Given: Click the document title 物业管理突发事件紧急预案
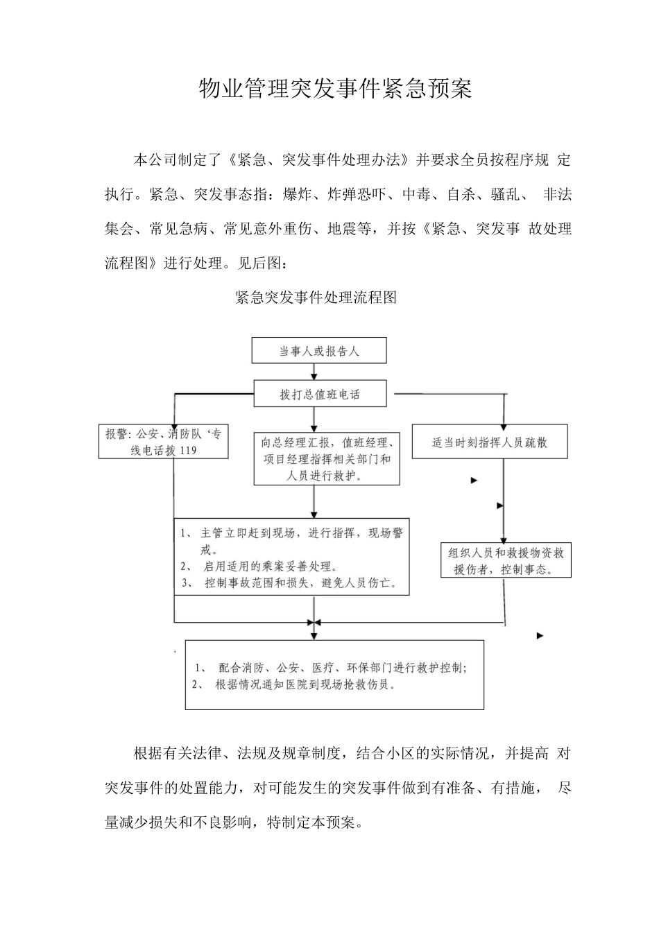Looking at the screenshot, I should (335, 89).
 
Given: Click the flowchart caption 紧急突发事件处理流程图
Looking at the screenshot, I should (316, 297).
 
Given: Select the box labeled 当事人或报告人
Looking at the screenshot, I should (319, 351).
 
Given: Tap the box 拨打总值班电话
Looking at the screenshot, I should (320, 394).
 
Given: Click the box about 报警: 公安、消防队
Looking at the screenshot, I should (164, 442).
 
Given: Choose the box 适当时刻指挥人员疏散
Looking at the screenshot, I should (490, 442).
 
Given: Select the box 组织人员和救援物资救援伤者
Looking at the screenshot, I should (506, 561).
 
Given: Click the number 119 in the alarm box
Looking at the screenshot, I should (188, 451).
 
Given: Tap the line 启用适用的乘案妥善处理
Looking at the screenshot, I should (271, 567).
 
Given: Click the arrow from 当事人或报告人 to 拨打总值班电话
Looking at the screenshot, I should (316, 372).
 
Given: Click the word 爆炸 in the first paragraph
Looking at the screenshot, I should (297, 194).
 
